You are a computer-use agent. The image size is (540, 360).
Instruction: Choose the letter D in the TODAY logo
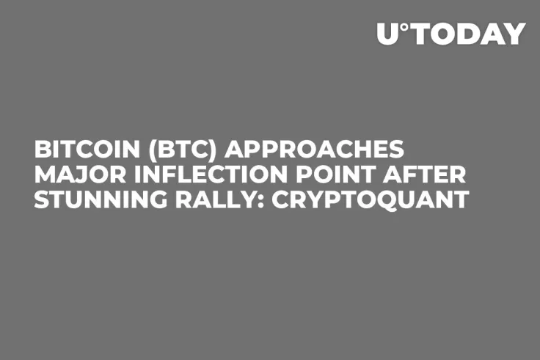(471, 34)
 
